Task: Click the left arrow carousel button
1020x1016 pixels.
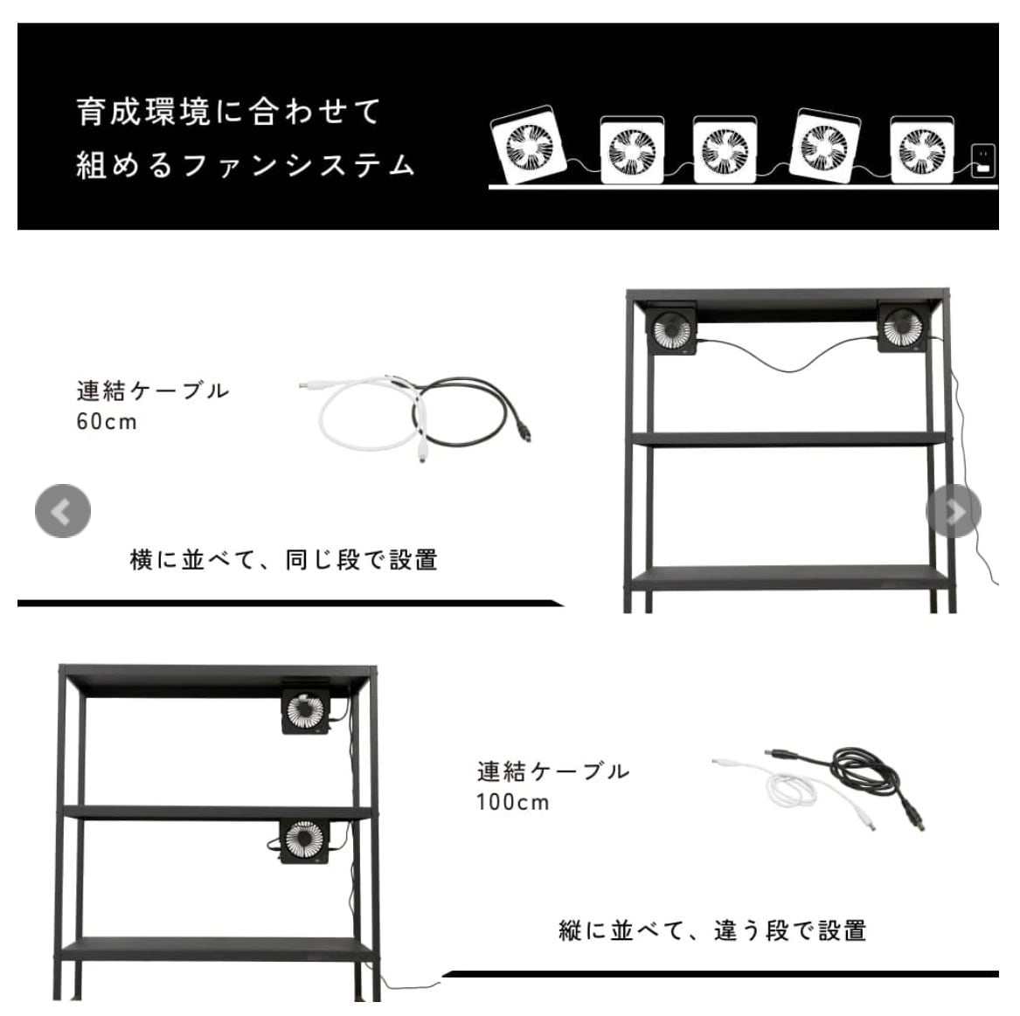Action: [x=62, y=511]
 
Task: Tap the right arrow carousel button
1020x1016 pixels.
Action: [x=954, y=511]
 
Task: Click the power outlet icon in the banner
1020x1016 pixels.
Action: [x=983, y=160]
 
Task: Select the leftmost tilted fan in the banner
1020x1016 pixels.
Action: [x=528, y=146]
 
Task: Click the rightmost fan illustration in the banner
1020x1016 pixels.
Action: [x=922, y=149]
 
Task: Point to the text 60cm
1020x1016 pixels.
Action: [x=107, y=422]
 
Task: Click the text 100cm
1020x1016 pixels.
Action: [x=512, y=802]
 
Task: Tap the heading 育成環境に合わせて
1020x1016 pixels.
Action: [x=228, y=112]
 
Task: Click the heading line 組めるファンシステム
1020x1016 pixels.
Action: [x=246, y=165]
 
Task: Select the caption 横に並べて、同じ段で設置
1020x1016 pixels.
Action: [x=283, y=560]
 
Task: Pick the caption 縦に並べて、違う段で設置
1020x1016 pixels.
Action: [x=712, y=931]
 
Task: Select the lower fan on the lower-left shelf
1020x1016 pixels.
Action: [x=304, y=840]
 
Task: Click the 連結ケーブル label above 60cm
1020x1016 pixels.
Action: [x=153, y=391]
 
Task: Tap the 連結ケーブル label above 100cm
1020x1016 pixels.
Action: [x=553, y=771]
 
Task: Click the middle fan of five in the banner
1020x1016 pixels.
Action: [x=725, y=149]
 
